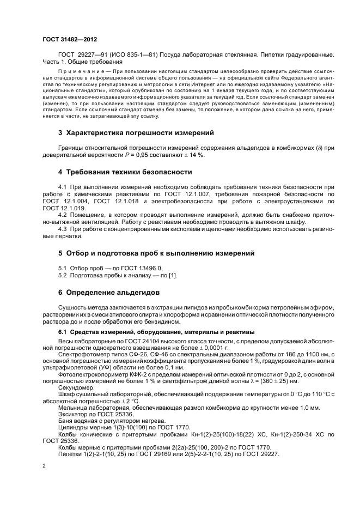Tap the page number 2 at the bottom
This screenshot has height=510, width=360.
(44, 466)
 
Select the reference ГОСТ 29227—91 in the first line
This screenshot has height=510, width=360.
(81, 56)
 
